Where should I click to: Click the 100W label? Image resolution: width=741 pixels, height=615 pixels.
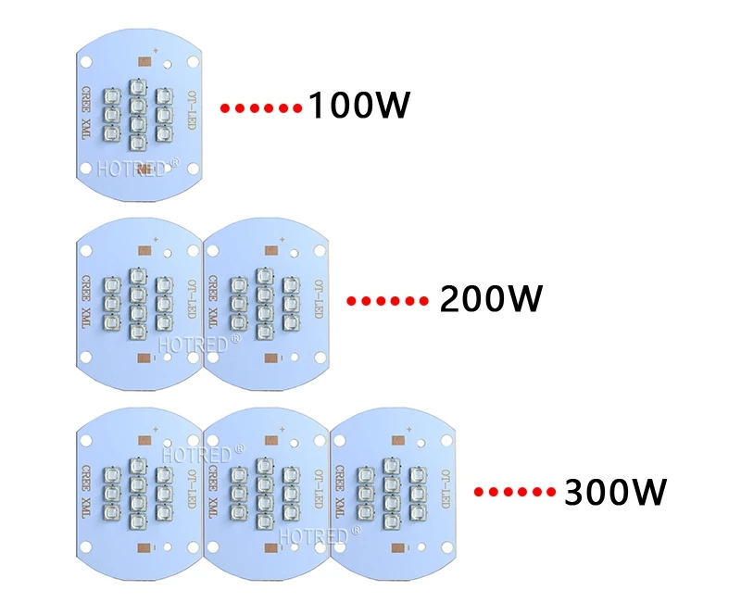(359, 105)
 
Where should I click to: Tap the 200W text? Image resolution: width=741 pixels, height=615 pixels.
(491, 298)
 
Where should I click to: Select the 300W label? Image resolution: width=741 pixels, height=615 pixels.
(616, 492)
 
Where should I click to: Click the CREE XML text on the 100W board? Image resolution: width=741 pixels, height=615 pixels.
(86, 112)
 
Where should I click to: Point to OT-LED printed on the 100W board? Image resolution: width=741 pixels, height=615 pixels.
(192, 109)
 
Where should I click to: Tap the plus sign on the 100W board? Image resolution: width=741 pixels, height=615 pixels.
(156, 51)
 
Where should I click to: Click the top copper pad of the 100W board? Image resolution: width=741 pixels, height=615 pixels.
(144, 61)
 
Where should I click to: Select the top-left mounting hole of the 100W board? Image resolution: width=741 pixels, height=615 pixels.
(86, 61)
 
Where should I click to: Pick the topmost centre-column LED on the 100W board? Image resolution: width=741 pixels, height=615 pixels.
(137, 86)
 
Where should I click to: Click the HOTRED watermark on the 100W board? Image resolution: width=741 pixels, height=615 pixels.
(138, 168)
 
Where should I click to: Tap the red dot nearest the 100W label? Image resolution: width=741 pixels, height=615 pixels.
(297, 108)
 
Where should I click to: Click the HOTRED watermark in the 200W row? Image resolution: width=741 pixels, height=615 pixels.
(198, 344)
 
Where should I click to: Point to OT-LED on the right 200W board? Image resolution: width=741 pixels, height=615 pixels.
(319, 299)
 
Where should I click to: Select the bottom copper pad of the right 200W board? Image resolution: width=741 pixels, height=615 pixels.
(271, 358)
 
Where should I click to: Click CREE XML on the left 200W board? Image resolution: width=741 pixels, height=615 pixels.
(86, 302)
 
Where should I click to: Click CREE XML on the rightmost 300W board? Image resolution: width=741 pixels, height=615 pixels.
(339, 491)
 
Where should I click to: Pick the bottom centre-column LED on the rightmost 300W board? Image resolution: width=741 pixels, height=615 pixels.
(391, 521)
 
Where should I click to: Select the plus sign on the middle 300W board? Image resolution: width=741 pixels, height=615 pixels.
(283, 430)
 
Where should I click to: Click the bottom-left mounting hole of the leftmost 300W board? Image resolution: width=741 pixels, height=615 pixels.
(86, 547)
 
